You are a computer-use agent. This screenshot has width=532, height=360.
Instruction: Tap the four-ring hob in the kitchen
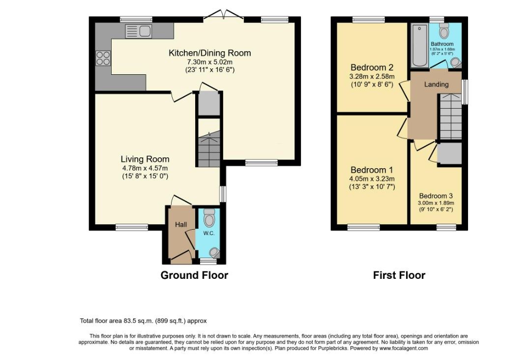tap(103, 58)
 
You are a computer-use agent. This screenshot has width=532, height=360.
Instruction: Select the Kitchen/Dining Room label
tap(209, 53)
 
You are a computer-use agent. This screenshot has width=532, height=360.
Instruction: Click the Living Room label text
tap(145, 159)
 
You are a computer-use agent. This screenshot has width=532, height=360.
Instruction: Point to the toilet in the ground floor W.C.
tap(209, 217)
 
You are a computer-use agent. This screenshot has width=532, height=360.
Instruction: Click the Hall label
tap(181, 224)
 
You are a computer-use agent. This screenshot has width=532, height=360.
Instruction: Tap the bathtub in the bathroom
tap(419, 45)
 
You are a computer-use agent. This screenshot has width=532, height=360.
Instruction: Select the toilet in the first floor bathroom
tap(443, 31)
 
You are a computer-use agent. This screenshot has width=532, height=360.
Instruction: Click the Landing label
tap(436, 84)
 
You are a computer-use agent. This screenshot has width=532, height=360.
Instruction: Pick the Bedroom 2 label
tap(373, 67)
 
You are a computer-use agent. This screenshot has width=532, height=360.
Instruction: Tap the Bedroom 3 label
tap(436, 196)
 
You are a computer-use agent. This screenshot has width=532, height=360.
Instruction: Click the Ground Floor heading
tap(194, 275)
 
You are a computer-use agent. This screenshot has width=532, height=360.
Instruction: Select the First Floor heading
tap(399, 275)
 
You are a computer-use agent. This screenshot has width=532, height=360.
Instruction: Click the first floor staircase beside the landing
tap(451, 117)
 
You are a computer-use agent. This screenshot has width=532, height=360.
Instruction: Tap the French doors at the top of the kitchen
tap(224, 15)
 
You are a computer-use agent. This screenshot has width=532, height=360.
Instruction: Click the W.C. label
tap(208, 234)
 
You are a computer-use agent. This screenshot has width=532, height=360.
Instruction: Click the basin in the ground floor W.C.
tap(214, 253)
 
